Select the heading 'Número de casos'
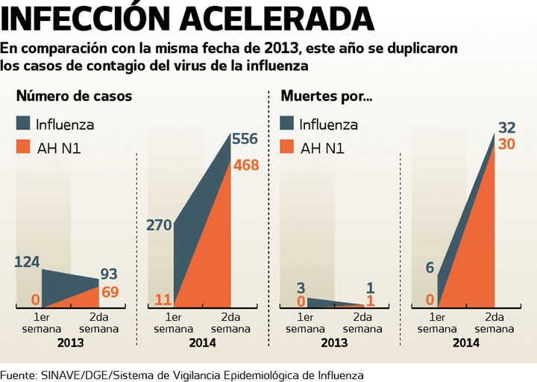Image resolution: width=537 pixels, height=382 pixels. [75, 96]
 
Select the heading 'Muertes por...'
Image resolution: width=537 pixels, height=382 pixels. [326, 96]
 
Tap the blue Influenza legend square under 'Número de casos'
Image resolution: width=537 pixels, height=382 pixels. [25, 124]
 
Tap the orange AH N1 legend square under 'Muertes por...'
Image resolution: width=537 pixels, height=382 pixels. [288, 148]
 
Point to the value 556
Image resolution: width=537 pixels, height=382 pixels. [245, 139]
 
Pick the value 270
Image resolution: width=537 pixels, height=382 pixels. [160, 225]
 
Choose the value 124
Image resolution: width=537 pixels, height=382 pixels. [27, 262]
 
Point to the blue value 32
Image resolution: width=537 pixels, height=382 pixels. [507, 126]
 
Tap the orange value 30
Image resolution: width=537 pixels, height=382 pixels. [507, 144]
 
